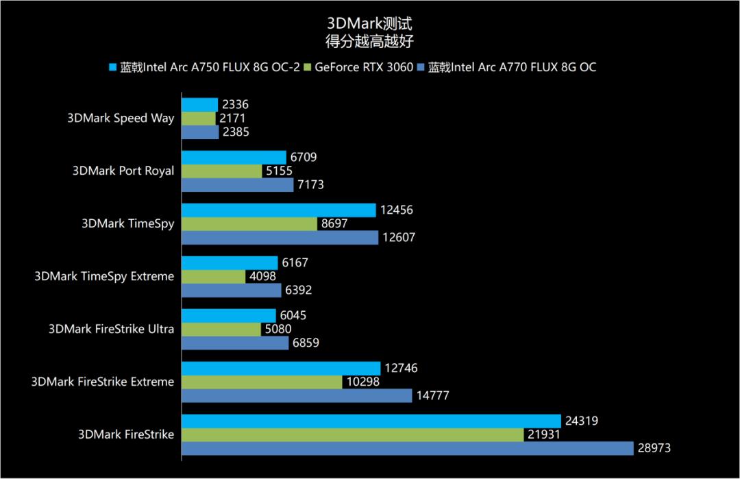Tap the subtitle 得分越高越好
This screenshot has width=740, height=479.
(x=369, y=40)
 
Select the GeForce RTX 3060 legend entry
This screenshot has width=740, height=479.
(x=364, y=67)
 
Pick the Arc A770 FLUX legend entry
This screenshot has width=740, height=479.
(x=511, y=67)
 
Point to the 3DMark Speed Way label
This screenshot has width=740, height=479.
(x=121, y=118)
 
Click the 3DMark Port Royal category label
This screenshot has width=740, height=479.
(x=123, y=171)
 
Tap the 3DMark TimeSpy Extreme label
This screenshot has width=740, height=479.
(x=104, y=276)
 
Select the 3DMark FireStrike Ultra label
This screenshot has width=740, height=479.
(x=111, y=329)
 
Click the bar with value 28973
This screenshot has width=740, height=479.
(x=407, y=448)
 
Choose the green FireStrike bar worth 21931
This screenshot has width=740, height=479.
(x=352, y=434)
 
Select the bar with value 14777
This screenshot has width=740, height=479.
(x=297, y=395)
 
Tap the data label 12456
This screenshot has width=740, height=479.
(x=396, y=210)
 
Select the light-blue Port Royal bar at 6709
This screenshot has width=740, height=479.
(x=234, y=158)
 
